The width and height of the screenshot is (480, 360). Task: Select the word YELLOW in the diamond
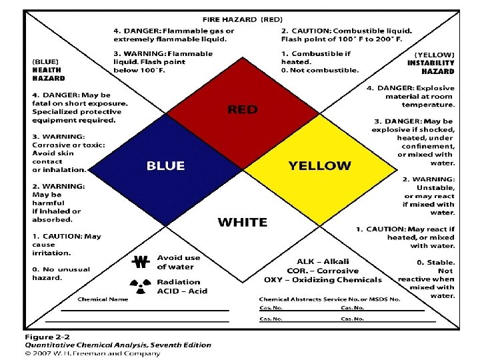tap(319, 165)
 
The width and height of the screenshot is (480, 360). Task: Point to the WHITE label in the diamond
tap(242, 222)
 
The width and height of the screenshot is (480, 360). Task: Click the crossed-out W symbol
tap(141, 261)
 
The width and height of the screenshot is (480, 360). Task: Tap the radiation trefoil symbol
tap(141, 285)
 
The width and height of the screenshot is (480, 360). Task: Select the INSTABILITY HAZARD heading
tap(431, 67)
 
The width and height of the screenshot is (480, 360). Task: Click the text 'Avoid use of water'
tap(178, 262)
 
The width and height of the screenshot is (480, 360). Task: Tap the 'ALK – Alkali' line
tap(323, 261)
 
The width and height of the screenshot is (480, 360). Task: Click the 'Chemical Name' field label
tap(103, 299)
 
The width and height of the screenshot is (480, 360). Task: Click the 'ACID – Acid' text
tap(182, 291)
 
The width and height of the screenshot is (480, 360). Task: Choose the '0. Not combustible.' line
tap(319, 69)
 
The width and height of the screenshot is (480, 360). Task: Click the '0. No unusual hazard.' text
tap(61, 273)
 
